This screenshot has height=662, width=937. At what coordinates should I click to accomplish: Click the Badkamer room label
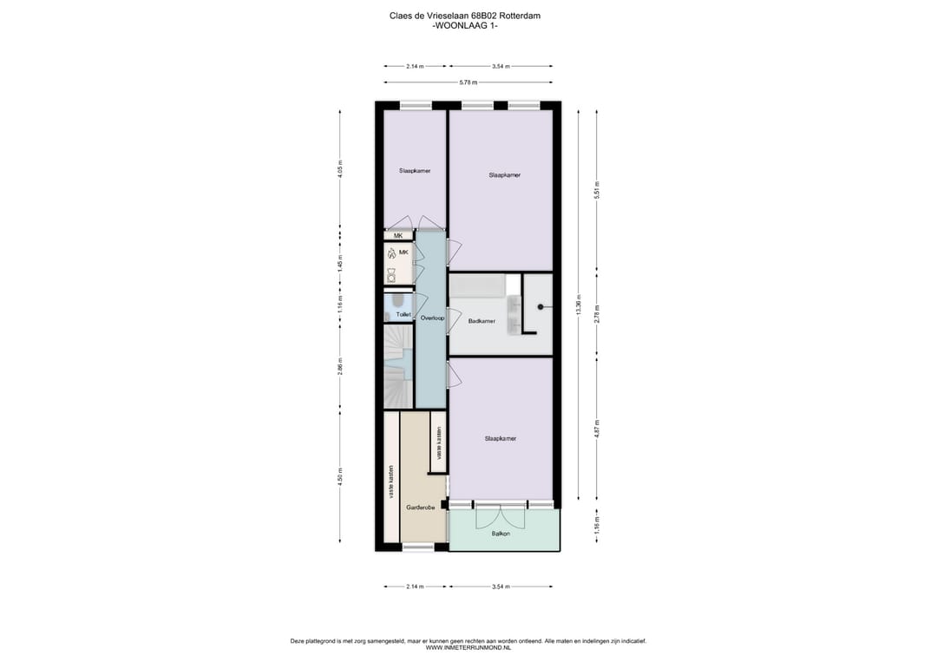pyautogui.click(x=481, y=321)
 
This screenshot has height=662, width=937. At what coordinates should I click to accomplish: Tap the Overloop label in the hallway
pyautogui.click(x=431, y=318)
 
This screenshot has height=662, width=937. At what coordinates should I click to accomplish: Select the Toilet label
pyautogui.click(x=403, y=314)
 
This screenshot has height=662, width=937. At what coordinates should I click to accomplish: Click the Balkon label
pyautogui.click(x=501, y=534)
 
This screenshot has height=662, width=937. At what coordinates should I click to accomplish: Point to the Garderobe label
pyautogui.click(x=420, y=508)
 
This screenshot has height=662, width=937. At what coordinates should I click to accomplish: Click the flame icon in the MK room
pyautogui.click(x=392, y=253)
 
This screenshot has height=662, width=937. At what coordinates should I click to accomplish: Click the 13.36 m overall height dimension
pyautogui.click(x=579, y=307)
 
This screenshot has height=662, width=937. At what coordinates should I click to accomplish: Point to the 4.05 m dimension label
pyautogui.click(x=341, y=167)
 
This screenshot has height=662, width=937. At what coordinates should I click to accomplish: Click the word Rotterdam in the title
pyautogui.click(x=529, y=16)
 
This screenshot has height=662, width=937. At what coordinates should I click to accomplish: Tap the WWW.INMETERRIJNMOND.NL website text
pyautogui.click(x=468, y=648)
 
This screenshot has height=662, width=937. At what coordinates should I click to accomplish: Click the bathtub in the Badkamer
pyautogui.click(x=476, y=286)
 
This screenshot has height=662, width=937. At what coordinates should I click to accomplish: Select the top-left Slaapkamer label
pyautogui.click(x=415, y=171)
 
